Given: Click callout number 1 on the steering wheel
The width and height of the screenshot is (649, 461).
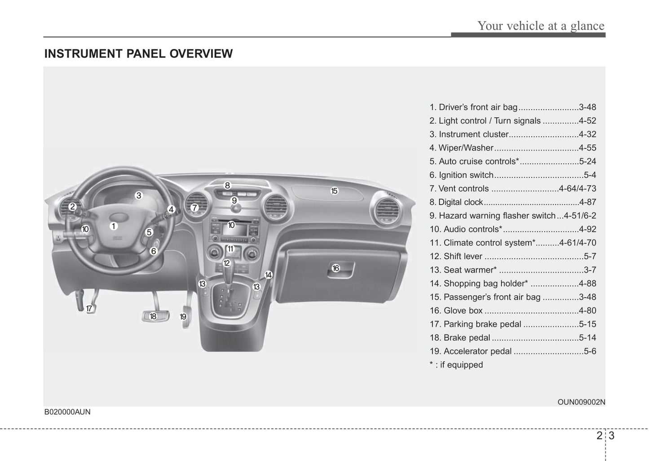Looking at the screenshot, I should click(114, 226).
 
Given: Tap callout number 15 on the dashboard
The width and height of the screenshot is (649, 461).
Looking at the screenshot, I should click(334, 191).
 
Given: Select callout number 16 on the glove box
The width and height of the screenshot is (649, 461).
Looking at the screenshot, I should click(336, 268).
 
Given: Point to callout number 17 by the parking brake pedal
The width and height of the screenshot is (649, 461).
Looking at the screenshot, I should click(89, 309).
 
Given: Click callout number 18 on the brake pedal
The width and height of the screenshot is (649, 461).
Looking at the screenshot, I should click(153, 316).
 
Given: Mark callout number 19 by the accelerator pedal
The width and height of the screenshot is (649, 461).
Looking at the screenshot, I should click(183, 317).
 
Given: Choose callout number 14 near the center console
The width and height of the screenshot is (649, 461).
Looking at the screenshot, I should click(268, 275).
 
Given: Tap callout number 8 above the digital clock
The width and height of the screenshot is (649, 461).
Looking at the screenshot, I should click(228, 185).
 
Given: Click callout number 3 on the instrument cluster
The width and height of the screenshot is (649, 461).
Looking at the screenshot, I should click(139, 195).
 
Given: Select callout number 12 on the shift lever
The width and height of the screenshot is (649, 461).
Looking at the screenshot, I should click(227, 263).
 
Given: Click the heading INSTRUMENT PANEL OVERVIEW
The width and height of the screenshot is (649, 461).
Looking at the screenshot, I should click(138, 54).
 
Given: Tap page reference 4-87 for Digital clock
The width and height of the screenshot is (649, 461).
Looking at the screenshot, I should click(587, 202).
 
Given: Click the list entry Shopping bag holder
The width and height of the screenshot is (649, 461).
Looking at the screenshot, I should click(486, 284).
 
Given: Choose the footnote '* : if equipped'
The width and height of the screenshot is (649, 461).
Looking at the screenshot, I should click(456, 365).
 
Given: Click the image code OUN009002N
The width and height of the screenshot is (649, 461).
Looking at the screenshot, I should click(581, 402).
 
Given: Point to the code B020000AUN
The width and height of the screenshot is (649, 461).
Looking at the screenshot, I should click(67, 412).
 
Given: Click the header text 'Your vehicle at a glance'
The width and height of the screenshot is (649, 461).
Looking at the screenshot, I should click(540, 26).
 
